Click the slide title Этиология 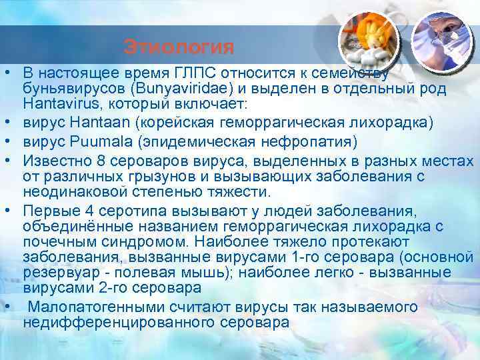pyautogui.click(x=179, y=47)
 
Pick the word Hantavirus pyautogui.click(x=57, y=105)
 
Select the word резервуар pyautogui.click(x=57, y=273)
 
